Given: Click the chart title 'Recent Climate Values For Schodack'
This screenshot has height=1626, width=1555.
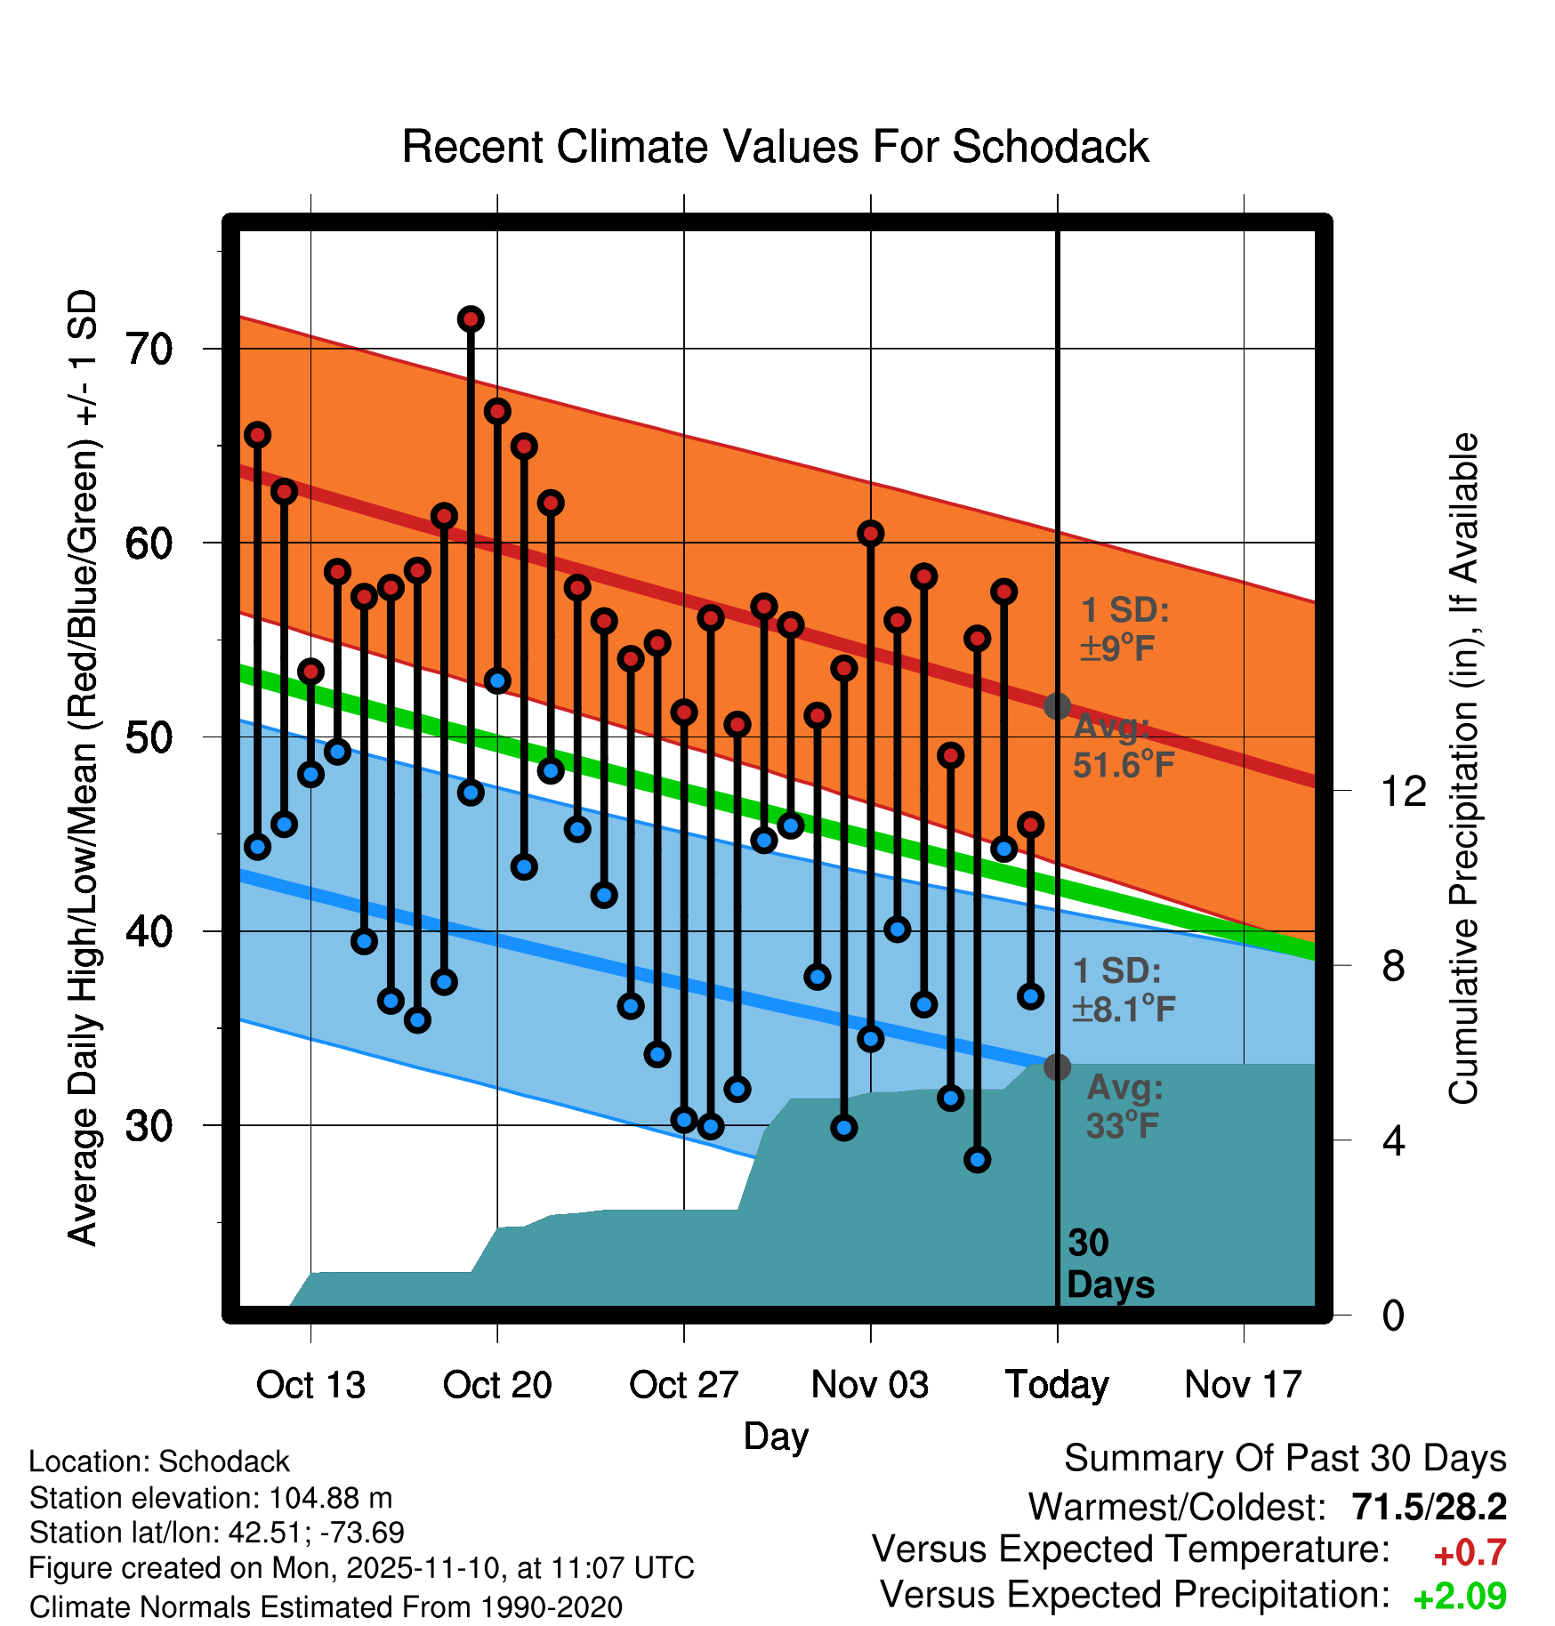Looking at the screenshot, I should pyautogui.click(x=775, y=147).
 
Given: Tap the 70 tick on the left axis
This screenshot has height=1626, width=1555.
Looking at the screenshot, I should pyautogui.click(x=149, y=349).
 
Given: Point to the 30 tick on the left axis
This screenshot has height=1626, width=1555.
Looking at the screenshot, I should pyautogui.click(x=149, y=1126).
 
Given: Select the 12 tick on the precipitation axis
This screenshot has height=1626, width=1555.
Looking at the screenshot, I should pyautogui.click(x=1403, y=791).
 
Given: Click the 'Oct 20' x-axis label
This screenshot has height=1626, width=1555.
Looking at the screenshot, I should pyautogui.click(x=496, y=1385).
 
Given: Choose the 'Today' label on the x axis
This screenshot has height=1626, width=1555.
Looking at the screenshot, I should pyautogui.click(x=1057, y=1385).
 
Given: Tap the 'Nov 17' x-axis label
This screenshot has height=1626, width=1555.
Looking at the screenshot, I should pyautogui.click(x=1243, y=1385).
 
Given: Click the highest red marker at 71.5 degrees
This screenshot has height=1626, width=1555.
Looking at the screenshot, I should pyautogui.click(x=471, y=318).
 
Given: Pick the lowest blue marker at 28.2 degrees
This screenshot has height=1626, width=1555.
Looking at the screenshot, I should pyautogui.click(x=977, y=1159).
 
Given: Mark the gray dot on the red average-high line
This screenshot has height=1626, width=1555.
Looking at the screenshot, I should pyautogui.click(x=1057, y=706).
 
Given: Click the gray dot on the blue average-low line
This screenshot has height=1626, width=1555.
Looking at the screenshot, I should pyautogui.click(x=1057, y=1067).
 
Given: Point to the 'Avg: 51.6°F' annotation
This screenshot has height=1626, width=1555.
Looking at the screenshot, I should pyautogui.click(x=1123, y=746).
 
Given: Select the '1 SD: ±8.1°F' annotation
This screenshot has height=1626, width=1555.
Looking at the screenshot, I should pyautogui.click(x=1124, y=990).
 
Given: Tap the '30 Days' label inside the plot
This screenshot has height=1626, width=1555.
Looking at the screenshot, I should pyautogui.click(x=1109, y=1264).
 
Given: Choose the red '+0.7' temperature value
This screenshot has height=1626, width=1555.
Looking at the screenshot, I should pyautogui.click(x=1470, y=1553).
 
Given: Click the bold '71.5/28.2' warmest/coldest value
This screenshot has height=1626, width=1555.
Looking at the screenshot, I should pyautogui.click(x=1429, y=1508).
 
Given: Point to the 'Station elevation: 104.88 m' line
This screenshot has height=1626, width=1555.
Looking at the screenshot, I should pyautogui.click(x=211, y=1499).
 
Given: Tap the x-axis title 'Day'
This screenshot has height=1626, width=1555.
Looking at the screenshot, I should pyautogui.click(x=776, y=1437).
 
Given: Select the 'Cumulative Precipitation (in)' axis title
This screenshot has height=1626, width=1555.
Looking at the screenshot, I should pyautogui.click(x=1463, y=769).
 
